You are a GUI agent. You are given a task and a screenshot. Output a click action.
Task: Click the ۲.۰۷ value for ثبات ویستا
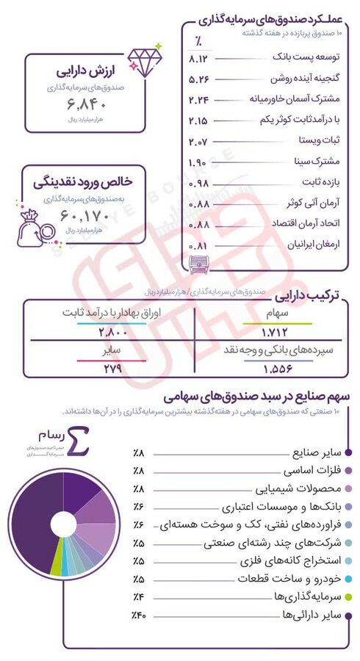pos(199,140)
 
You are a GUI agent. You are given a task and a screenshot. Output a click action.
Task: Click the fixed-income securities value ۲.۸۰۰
pos(112,332)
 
